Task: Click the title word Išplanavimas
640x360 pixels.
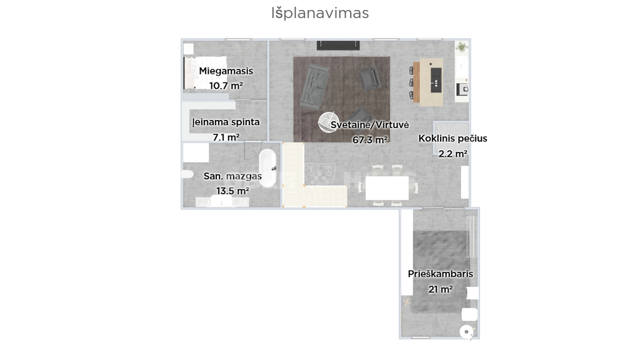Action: (320, 13)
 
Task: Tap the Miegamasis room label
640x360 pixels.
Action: (226, 71)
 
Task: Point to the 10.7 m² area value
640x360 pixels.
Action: (226, 86)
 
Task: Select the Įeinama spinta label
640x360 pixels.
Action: (226, 122)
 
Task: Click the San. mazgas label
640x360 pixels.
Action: (232, 176)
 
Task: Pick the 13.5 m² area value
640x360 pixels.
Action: (232, 191)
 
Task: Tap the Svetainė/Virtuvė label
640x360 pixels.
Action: (370, 125)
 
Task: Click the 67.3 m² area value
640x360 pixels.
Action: (370, 140)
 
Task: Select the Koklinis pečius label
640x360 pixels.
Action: (452, 139)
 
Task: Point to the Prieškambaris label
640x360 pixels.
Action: (441, 274)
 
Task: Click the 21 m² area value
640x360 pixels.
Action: (441, 289)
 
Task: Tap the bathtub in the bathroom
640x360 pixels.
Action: (267, 167)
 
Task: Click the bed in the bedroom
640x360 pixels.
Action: (205, 72)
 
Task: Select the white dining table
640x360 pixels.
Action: (387, 188)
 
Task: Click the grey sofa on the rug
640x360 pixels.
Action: (314, 86)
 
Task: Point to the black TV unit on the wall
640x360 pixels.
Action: (338, 45)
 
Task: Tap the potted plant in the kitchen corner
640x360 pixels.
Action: (462, 47)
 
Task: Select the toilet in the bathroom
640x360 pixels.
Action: (187, 174)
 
